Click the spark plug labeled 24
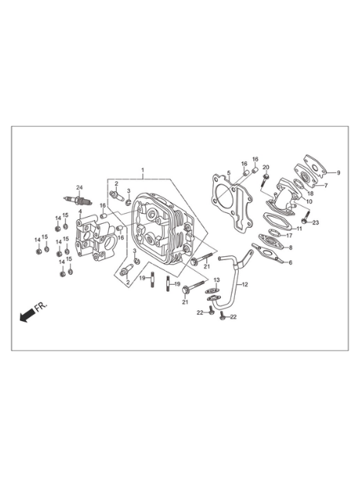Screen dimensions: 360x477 [78, 200]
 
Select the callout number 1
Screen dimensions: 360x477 [143, 170]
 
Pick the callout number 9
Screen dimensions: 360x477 [338, 172]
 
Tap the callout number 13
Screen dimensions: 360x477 [216, 280]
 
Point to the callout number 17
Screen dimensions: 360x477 [289, 235]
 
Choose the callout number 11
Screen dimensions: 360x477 [299, 228]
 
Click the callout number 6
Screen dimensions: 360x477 [290, 262]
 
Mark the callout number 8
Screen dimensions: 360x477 [290, 248]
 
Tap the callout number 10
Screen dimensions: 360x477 [309, 201]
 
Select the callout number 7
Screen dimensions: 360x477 [325, 185]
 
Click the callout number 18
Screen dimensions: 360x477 [310, 193]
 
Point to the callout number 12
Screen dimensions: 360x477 [245, 285]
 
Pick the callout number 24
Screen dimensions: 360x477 [80, 188]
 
